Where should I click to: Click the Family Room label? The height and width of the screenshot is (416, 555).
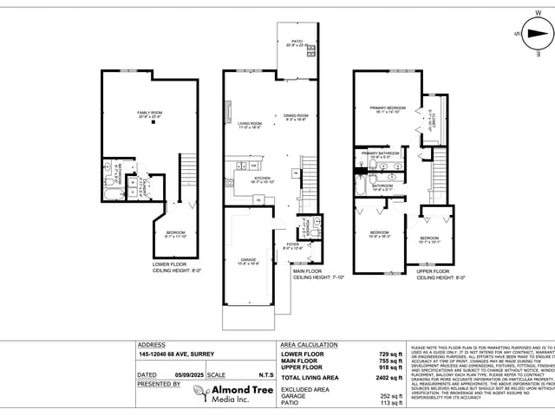pyautogui.click(x=150, y=113)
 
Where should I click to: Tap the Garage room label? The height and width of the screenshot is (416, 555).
pyautogui.click(x=248, y=259)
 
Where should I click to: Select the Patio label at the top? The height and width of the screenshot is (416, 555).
pyautogui.click(x=297, y=41)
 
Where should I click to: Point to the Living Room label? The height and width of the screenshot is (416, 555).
pyautogui.click(x=250, y=123)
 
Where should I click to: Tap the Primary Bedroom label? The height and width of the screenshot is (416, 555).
pyautogui.click(x=382, y=107)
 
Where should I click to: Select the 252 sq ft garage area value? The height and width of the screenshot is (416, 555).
pyautogui.click(x=391, y=396)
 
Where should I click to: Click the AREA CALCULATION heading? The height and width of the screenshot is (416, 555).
pyautogui.click(x=309, y=344)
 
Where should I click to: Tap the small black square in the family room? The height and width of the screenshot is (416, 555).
pyautogui.click(x=153, y=123)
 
